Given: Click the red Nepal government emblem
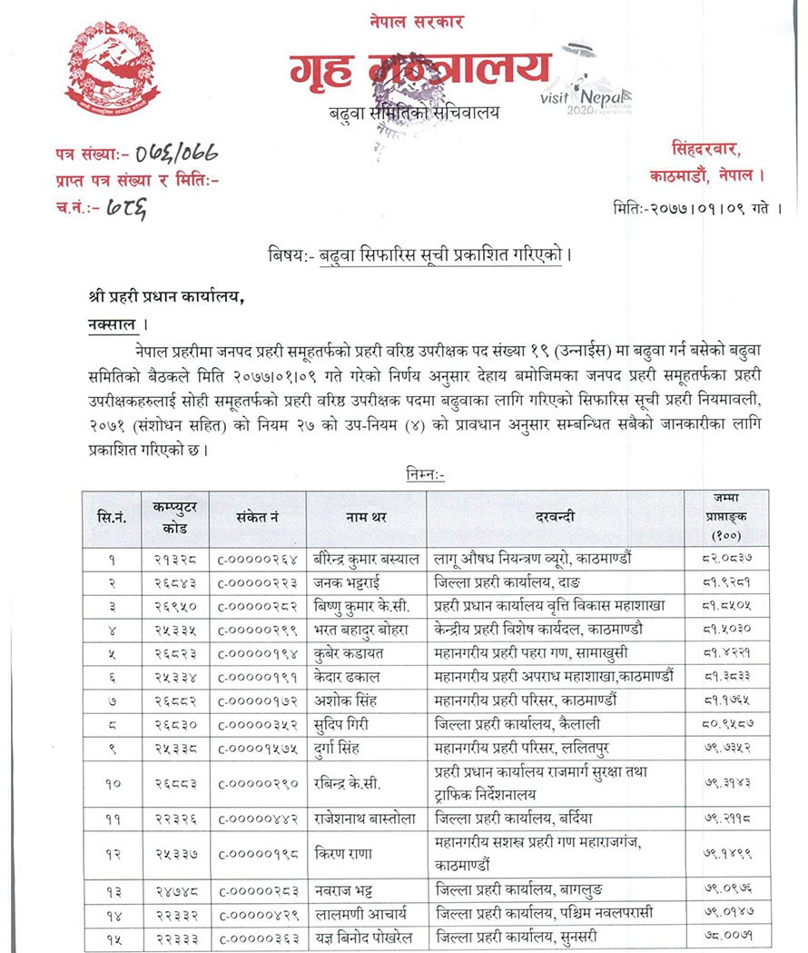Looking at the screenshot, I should click(112, 68).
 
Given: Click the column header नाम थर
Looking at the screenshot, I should click(367, 518).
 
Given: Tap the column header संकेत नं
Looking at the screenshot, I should click(257, 518).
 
